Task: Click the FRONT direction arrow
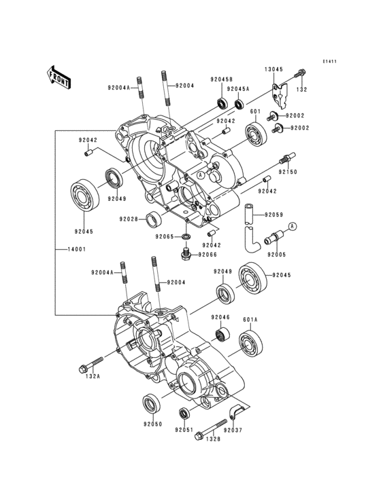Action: click(x=59, y=77)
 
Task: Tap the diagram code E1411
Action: click(x=329, y=61)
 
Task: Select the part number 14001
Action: click(x=76, y=249)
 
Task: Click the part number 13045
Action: click(x=274, y=69)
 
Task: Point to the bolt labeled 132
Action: click(x=300, y=73)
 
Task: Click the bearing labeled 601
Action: click(x=256, y=134)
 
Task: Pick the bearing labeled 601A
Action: click(x=251, y=344)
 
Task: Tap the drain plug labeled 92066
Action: click(x=186, y=254)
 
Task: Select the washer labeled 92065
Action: click(x=186, y=236)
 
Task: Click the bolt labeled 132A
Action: click(x=90, y=365)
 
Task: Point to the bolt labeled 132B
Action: click(x=211, y=430)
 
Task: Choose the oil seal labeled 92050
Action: click(x=152, y=403)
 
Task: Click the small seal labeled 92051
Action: click(x=184, y=413)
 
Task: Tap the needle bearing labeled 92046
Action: click(x=221, y=334)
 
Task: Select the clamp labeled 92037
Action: click(x=235, y=412)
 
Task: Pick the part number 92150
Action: click(x=288, y=172)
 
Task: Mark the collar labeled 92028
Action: click(x=154, y=219)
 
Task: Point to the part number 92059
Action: click(x=274, y=215)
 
